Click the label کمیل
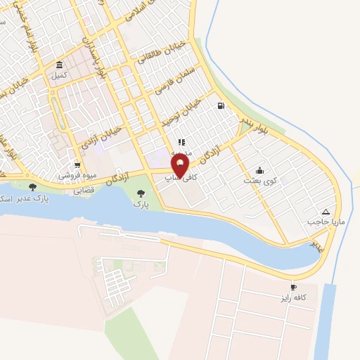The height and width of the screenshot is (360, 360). point(59,75)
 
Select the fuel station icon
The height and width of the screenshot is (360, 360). point(221,106)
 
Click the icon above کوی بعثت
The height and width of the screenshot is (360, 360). point(260,170)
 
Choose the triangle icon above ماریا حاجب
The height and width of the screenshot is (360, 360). point(325,212)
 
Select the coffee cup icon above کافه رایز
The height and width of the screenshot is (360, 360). point(293,288)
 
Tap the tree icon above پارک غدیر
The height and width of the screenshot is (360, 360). point(33,187)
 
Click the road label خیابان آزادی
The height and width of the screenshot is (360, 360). point(104,139)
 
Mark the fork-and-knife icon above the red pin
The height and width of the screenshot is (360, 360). point(181,143)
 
